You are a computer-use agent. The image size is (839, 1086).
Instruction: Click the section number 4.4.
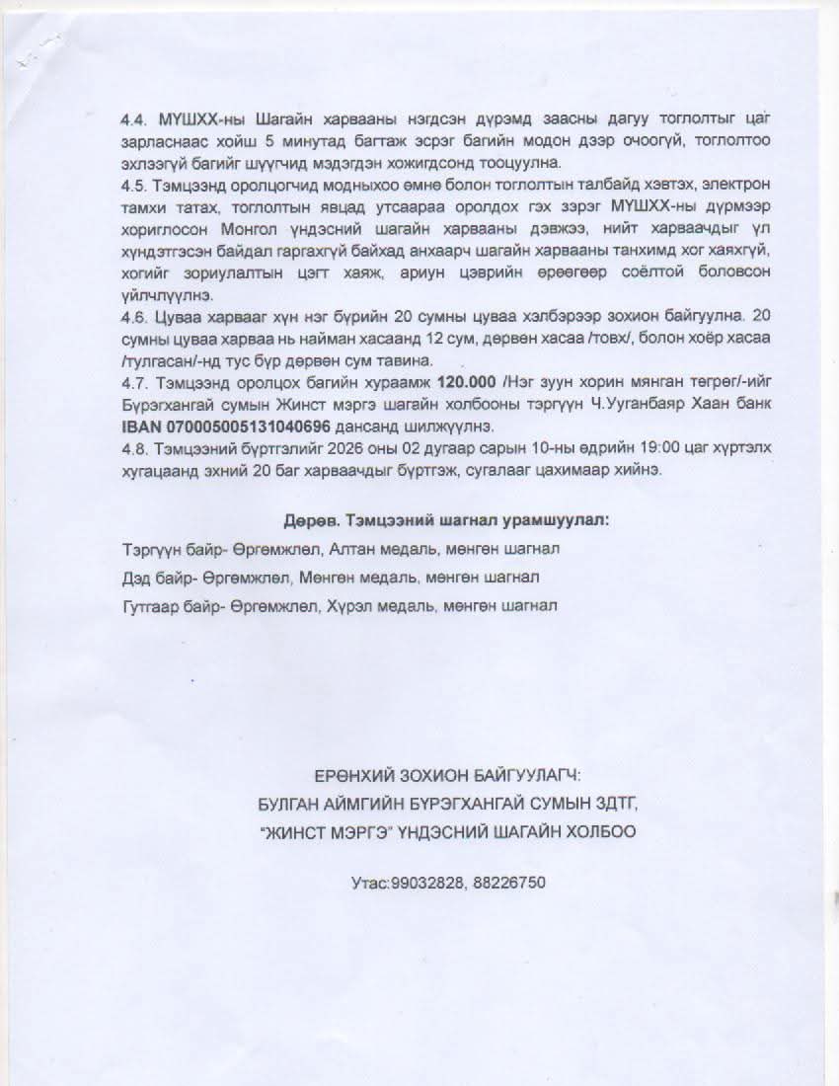(133, 118)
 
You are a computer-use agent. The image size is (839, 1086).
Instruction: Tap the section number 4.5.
(133, 185)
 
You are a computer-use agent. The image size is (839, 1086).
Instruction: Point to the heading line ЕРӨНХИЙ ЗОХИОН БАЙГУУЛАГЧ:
(447, 777)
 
